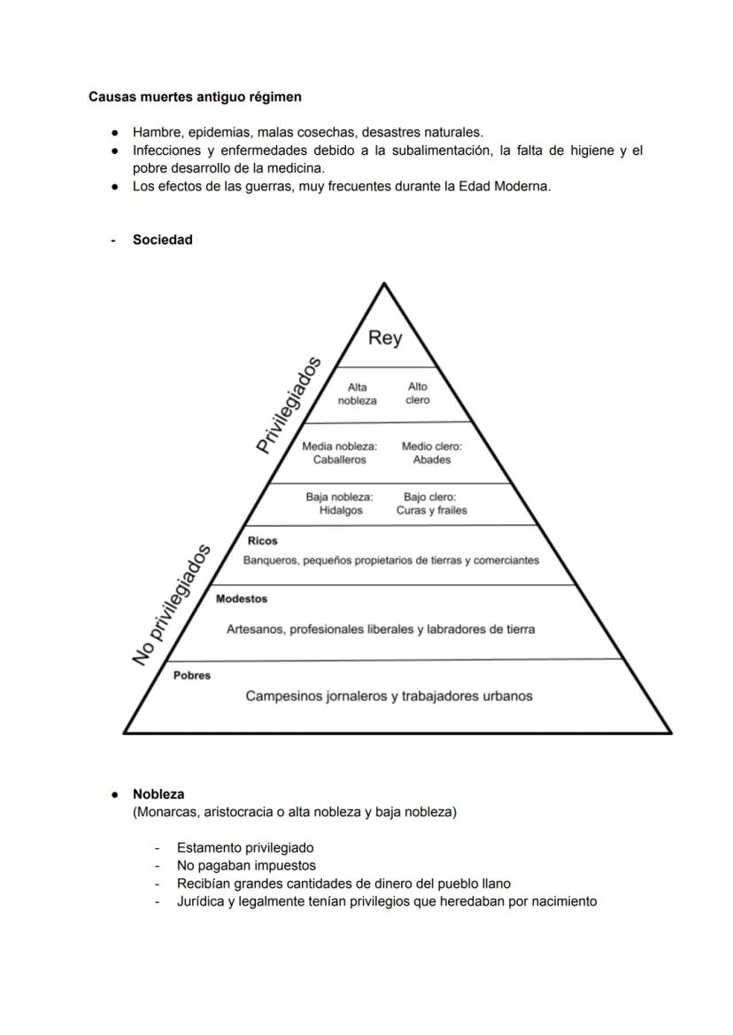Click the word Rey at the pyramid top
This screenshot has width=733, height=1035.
pyautogui.click(x=384, y=338)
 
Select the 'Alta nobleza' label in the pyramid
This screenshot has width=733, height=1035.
pyautogui.click(x=357, y=394)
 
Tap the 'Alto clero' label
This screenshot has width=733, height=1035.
pyautogui.click(x=417, y=393)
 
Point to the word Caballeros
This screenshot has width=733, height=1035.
pyautogui.click(x=339, y=460)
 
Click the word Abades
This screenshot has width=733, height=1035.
pyautogui.click(x=431, y=460)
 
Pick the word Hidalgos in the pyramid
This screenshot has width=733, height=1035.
pyautogui.click(x=341, y=511)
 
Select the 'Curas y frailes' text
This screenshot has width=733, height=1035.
pyautogui.click(x=431, y=511)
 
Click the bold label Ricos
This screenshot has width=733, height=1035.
pyautogui.click(x=262, y=541)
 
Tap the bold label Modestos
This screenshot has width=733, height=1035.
pyautogui.click(x=241, y=599)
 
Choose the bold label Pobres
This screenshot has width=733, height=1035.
pyautogui.click(x=192, y=676)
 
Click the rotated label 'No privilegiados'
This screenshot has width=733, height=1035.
pyautogui.click(x=173, y=605)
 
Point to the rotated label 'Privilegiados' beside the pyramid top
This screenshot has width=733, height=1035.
pyautogui.click(x=288, y=405)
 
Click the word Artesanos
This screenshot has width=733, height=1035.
pyautogui.click(x=255, y=629)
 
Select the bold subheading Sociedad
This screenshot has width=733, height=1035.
pyautogui.click(x=162, y=240)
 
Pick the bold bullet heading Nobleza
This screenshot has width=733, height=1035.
pyautogui.click(x=158, y=794)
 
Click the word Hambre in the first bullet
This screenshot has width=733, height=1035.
pyautogui.click(x=157, y=133)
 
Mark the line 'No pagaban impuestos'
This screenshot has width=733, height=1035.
pyautogui.click(x=245, y=866)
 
